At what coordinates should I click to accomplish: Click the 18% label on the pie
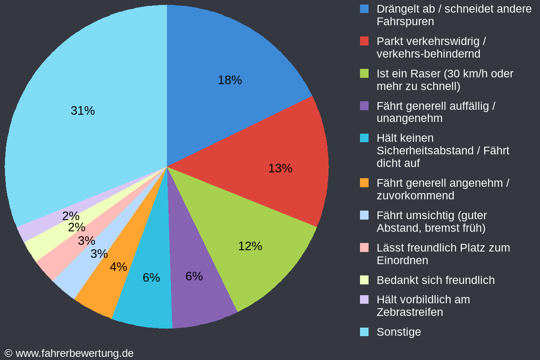[x=230, y=80]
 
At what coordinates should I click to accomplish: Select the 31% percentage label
[x=83, y=111]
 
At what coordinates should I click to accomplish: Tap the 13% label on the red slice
[x=280, y=168]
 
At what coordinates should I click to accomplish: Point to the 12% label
[x=250, y=246]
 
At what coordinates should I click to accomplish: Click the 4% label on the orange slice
[x=118, y=267]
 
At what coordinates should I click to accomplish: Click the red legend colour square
[x=364, y=41]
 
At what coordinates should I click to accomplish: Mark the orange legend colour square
[x=364, y=183]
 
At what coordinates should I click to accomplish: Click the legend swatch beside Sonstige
[x=364, y=332]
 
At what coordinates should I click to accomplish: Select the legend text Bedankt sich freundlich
[x=435, y=280]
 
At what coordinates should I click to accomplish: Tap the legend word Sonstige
[x=399, y=332]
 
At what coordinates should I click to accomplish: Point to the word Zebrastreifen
[x=409, y=312]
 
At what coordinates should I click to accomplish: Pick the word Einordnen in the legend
[x=402, y=260]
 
